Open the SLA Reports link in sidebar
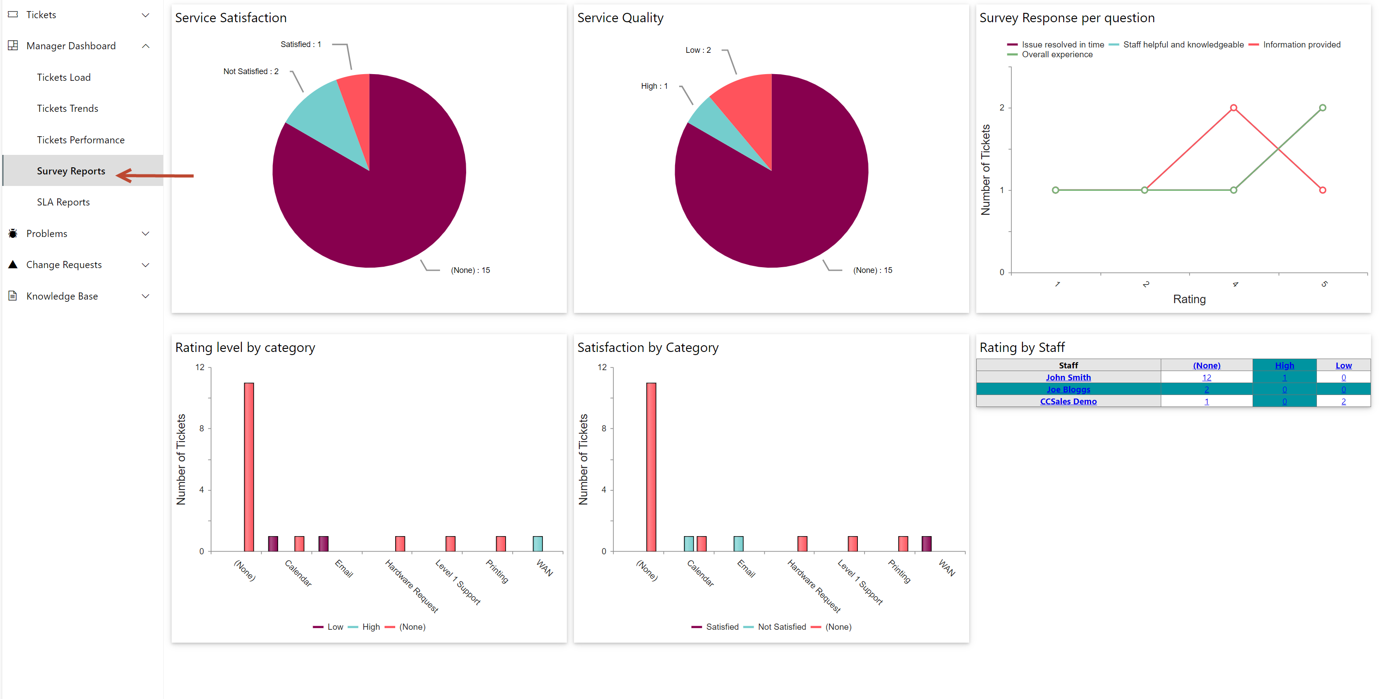tap(63, 202)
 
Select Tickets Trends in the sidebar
tap(67, 108)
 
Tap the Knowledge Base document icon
tap(13, 296)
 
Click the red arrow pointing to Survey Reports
tap(155, 175)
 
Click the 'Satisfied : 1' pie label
tap(300, 44)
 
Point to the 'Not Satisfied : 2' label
tap(251, 71)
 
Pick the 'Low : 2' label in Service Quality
tap(698, 50)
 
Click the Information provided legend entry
tap(1301, 45)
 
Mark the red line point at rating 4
tap(1234, 108)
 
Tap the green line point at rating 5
tap(1322, 108)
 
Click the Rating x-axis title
tap(1189, 299)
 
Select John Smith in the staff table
tap(1068, 377)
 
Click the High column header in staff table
tap(1284, 365)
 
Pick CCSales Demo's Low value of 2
tap(1343, 401)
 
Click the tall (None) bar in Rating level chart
tap(249, 466)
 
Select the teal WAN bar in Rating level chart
tap(538, 544)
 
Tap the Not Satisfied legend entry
tap(781, 627)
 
